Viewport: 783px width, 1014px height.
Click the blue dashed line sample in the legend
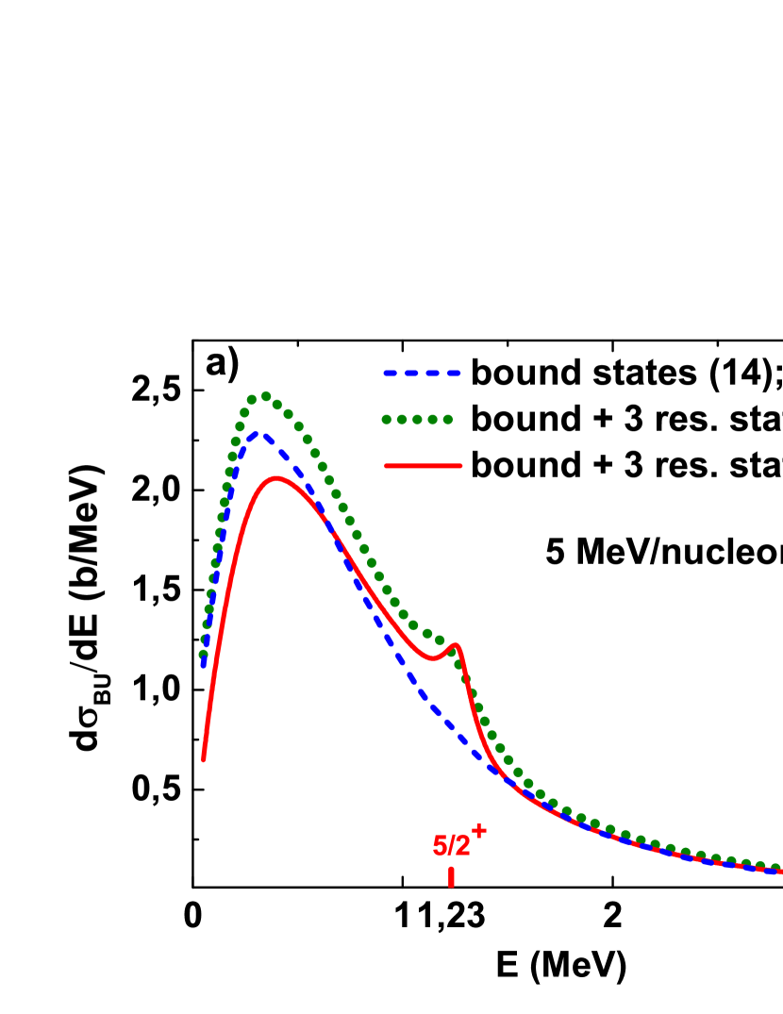click(x=422, y=374)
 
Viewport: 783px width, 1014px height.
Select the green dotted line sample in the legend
click(x=417, y=420)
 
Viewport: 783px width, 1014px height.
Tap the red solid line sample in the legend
click(x=423, y=466)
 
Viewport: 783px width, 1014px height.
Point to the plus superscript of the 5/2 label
click(x=478, y=830)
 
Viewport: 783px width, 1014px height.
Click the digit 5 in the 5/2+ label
click(x=439, y=846)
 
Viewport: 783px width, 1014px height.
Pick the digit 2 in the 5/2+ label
click(x=462, y=846)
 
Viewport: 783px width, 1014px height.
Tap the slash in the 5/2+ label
click(x=451, y=846)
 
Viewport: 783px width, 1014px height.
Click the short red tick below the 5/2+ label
click(x=451, y=877)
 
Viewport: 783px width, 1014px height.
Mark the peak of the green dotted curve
click(x=265, y=396)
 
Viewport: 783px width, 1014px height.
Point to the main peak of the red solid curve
click(x=275, y=477)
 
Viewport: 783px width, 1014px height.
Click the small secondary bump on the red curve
click(x=456, y=646)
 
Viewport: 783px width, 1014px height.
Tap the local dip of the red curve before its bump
click(x=434, y=658)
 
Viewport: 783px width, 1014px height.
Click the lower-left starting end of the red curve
click(x=203, y=758)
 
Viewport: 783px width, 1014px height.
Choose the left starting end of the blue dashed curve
click(x=203, y=665)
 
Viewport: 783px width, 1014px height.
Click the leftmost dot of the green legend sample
click(x=387, y=420)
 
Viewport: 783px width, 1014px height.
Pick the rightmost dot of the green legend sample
click(x=447, y=420)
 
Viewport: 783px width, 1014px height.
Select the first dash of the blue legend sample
click(x=391, y=374)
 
